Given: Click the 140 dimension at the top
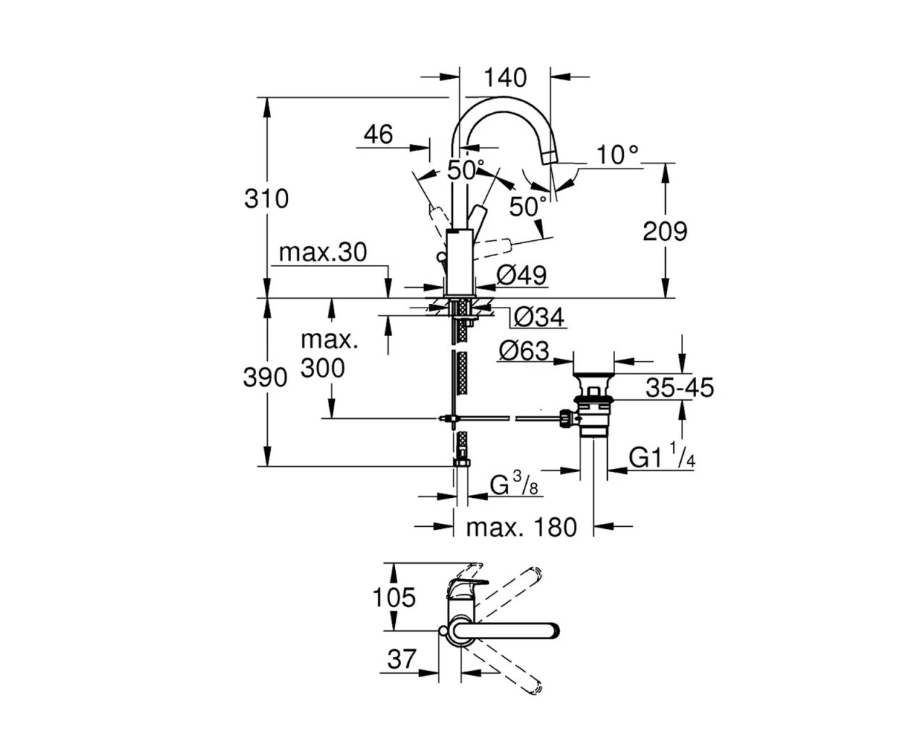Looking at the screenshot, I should pos(505,77).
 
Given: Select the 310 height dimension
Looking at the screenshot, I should pos(266,198).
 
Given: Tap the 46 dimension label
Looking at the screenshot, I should pos(378,134).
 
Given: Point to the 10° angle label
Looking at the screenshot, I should pos(618,154).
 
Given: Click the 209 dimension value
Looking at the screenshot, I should pos(664,232).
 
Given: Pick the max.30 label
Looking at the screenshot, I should pos(323,253).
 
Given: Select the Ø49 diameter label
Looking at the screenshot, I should pos(522,275).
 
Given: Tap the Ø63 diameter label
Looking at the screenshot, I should pos(523,351).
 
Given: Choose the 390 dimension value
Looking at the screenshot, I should pos(265,377).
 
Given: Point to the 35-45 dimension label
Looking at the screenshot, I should pos(679,388).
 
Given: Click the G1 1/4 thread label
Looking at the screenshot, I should pos(662,457).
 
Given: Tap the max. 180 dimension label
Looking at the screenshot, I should pos(521,528).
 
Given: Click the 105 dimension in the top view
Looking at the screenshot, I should pos(394,598).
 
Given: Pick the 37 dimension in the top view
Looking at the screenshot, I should pos(402,659).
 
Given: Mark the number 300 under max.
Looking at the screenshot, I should pos(323,368).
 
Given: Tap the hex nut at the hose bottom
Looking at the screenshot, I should pos(461,462).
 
